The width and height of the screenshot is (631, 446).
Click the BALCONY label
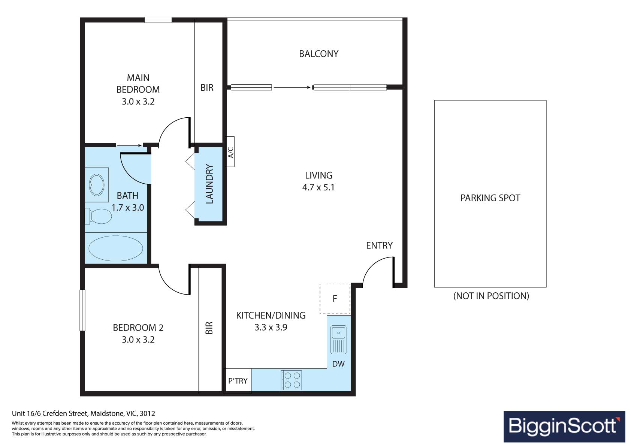318,54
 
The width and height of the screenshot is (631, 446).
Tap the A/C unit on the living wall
230,152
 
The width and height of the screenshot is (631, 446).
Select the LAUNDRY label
209,184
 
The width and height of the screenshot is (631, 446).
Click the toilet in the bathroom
99,216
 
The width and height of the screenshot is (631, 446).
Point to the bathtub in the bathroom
116,248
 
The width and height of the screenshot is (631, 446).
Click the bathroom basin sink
97,185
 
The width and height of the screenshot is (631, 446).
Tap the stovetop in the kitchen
291,380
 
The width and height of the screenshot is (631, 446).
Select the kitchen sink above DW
338,340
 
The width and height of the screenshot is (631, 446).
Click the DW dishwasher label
338,364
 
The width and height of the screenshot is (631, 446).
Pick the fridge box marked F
335,299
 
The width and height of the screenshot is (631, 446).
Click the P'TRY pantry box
238,381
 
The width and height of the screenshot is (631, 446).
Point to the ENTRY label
379,246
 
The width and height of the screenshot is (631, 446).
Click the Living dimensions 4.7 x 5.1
318,187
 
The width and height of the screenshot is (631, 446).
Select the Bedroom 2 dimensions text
138,340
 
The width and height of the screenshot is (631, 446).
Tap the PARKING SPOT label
490,198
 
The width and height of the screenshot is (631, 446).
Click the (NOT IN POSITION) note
491,296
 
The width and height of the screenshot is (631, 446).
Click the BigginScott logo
564,426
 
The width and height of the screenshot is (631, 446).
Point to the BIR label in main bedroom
207,88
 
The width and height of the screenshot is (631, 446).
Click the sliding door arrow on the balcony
292,87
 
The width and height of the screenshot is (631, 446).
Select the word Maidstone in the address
107,413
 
